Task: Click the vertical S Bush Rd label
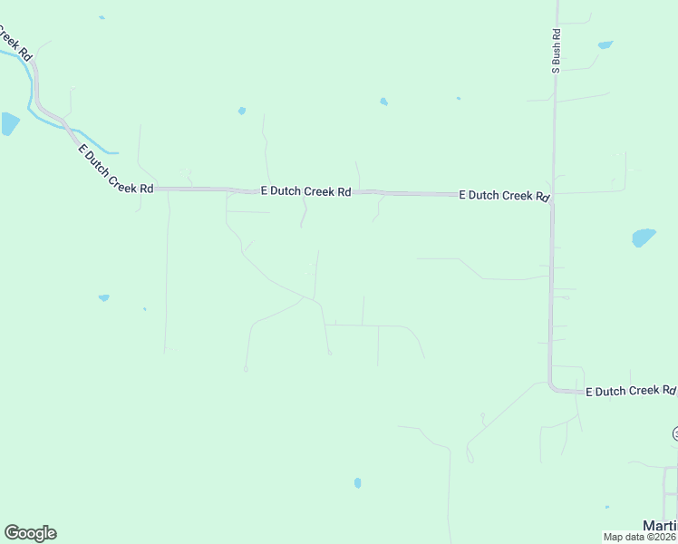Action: [x=557, y=50]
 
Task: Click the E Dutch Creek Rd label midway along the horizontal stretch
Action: [x=305, y=191]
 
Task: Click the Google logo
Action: [x=30, y=533]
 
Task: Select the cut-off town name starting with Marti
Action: [x=660, y=526]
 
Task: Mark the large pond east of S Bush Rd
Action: [x=643, y=238]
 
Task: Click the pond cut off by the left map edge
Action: [x=8, y=123]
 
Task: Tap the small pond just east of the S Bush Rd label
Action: [x=605, y=44]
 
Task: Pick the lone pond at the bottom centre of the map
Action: [x=357, y=483]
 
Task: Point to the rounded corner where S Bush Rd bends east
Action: [x=553, y=387]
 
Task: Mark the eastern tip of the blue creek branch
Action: [x=115, y=151]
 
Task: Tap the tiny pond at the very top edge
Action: [x=102, y=17]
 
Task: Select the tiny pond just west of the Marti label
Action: [x=607, y=508]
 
